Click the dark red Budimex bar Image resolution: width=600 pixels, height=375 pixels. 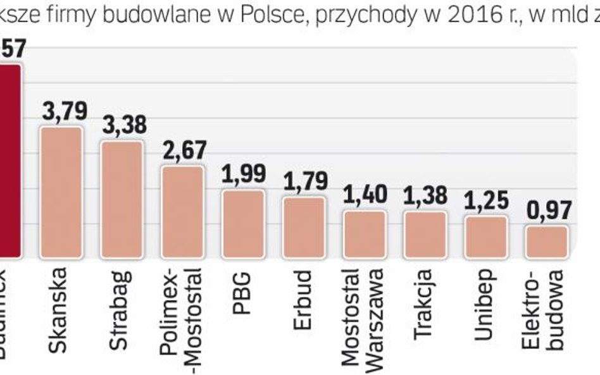[x=10, y=161]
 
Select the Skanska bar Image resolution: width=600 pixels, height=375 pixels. [x=61, y=193]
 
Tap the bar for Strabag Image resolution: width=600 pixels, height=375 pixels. [x=122, y=200]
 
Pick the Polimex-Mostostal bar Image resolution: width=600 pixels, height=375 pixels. [x=182, y=212]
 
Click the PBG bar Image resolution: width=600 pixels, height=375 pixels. [x=243, y=224]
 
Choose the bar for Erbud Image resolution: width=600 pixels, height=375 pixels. [x=304, y=228]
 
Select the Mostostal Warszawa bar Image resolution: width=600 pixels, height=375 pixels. [x=365, y=235]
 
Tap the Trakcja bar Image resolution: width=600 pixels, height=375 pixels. [x=425, y=235]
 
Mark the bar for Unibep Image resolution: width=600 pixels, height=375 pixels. [x=486, y=237]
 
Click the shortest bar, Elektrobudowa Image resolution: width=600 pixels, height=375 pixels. [x=547, y=242]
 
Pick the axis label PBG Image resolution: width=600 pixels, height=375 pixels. [x=242, y=288]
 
